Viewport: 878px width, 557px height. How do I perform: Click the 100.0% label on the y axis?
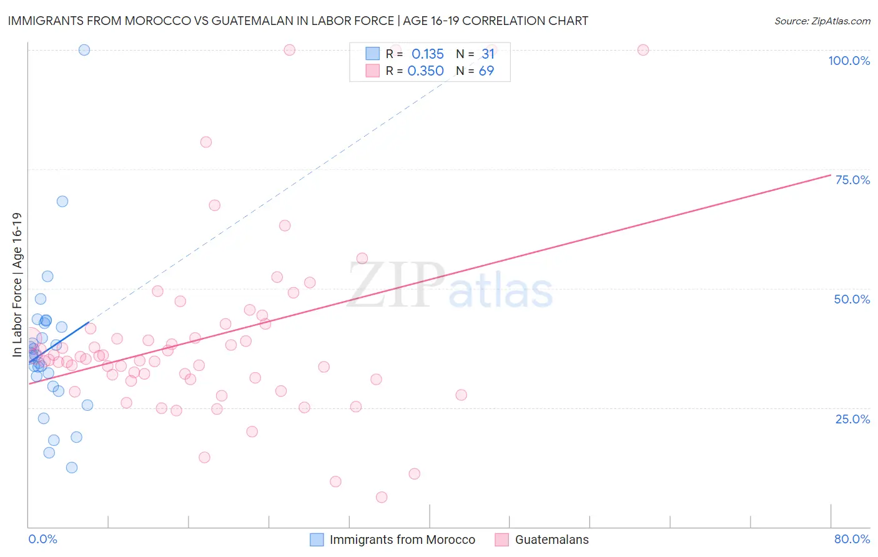point(849,61)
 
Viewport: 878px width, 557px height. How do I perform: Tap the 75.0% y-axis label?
point(852,180)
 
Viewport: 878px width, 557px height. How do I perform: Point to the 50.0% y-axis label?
point(852,299)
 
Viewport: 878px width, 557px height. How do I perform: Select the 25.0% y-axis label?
point(852,419)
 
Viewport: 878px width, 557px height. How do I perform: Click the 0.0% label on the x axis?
point(42,539)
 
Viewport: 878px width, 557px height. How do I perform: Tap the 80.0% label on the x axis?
point(852,539)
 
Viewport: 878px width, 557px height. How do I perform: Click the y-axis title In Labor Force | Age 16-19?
point(17,285)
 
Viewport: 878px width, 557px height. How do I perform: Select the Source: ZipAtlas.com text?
point(822,21)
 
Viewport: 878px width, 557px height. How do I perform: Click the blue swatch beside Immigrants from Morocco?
point(317,540)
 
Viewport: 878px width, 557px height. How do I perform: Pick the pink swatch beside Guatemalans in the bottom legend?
point(502,540)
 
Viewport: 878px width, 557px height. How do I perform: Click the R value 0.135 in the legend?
point(427,54)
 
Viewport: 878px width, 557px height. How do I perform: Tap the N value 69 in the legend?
point(486,71)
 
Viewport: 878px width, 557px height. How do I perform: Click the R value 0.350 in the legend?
point(425,71)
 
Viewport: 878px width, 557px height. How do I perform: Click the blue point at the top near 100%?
point(84,50)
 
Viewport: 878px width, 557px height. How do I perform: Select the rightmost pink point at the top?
point(643,50)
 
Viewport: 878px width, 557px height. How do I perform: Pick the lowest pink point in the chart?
point(382,497)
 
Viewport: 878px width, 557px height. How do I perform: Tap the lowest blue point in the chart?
point(72,468)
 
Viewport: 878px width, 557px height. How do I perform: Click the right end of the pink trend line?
point(830,175)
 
